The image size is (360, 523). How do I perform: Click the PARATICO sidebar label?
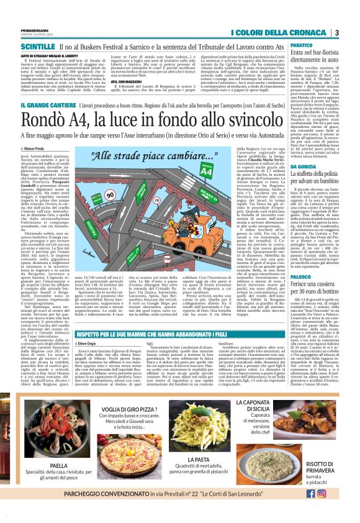[300, 46]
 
